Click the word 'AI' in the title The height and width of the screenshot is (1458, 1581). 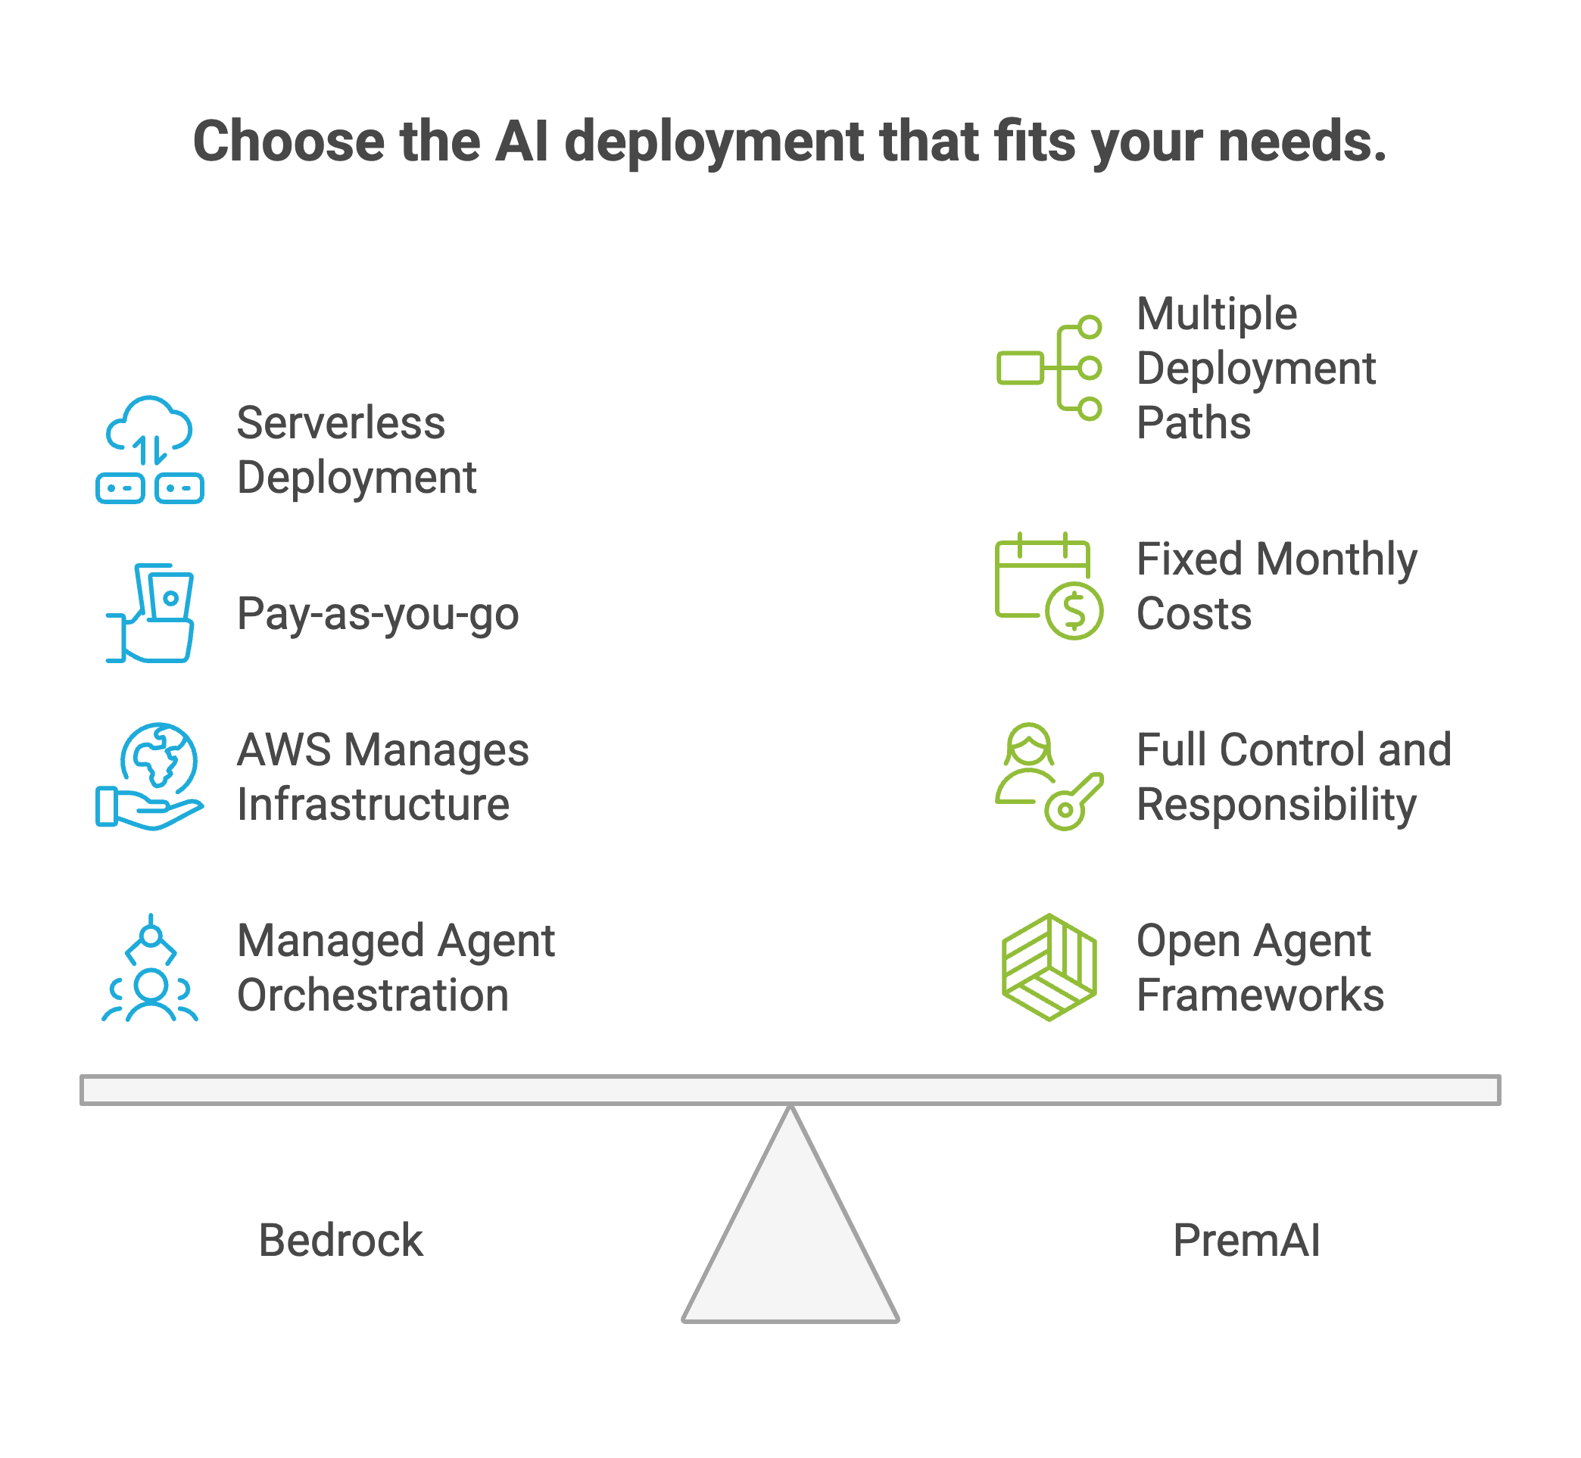(522, 142)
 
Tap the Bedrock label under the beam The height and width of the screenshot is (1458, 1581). (341, 1240)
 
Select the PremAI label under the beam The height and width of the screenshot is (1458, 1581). (1246, 1240)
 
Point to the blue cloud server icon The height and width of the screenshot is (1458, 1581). (150, 450)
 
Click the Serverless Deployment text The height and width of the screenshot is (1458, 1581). (356, 450)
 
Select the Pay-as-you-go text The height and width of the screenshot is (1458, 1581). (377, 614)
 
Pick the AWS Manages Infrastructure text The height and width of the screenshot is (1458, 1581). (383, 777)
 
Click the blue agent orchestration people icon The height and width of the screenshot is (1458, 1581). (150, 968)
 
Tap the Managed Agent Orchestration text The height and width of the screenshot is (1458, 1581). (395, 967)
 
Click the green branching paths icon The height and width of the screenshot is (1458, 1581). (1049, 368)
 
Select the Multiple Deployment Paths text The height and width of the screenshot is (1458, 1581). (1255, 368)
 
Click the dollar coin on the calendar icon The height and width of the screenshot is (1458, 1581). (1074, 611)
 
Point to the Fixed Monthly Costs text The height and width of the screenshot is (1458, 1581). (1277, 586)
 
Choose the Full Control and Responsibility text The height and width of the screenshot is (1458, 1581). (1293, 777)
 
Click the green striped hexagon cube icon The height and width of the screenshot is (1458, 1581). (1049, 967)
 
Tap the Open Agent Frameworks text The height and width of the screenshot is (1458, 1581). (1260, 967)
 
